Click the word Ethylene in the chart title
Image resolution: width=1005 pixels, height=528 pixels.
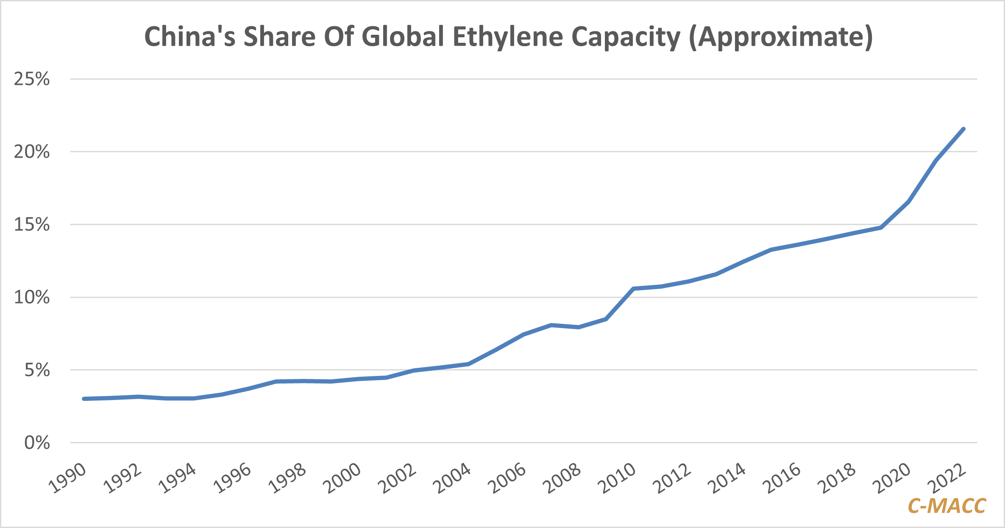point(508,37)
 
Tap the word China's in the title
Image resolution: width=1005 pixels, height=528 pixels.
point(189,37)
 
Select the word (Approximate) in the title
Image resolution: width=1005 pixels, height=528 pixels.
point(781,38)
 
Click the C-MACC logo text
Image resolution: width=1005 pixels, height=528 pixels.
point(947,506)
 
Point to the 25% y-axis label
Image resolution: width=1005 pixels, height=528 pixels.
point(32,79)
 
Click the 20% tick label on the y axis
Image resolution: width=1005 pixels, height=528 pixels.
point(32,152)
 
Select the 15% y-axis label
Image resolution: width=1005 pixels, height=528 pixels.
point(32,225)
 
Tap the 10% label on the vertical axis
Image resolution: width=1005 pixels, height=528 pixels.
point(32,297)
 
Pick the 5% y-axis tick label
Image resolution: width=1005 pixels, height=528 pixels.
point(37,370)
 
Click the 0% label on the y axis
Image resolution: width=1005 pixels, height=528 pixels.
point(37,443)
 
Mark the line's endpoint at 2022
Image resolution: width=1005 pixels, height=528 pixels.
point(964,129)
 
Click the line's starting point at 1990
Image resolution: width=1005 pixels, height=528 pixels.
point(84,399)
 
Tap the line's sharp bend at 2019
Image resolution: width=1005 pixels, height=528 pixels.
point(881,228)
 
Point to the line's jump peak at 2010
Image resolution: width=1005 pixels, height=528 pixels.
point(633,289)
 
